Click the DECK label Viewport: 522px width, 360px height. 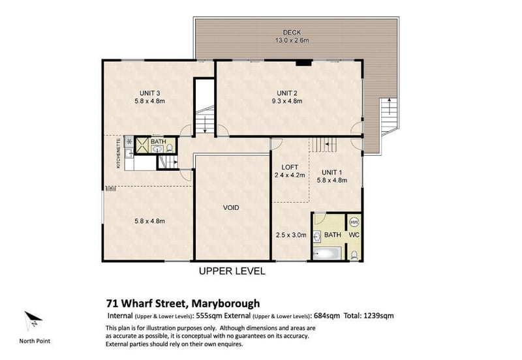click(x=292, y=32)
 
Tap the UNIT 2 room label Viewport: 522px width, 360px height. click(x=287, y=93)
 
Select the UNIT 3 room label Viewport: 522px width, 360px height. click(x=150, y=93)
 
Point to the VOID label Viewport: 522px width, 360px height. click(x=231, y=207)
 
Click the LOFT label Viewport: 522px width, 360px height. click(x=290, y=168)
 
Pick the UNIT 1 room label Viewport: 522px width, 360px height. click(x=331, y=172)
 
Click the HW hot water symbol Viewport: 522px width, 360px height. click(x=354, y=222)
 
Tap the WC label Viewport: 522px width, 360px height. click(x=354, y=235)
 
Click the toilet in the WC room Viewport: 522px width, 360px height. click(x=354, y=256)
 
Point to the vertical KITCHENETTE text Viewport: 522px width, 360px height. click(x=119, y=153)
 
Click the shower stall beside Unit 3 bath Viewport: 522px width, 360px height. click(x=142, y=145)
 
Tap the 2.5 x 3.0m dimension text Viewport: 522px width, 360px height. click(x=291, y=235)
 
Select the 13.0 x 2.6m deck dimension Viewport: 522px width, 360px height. click(x=292, y=40)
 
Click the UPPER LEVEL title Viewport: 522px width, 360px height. click(x=232, y=271)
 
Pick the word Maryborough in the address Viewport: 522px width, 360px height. click(x=226, y=304)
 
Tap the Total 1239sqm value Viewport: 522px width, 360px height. click(x=369, y=316)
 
